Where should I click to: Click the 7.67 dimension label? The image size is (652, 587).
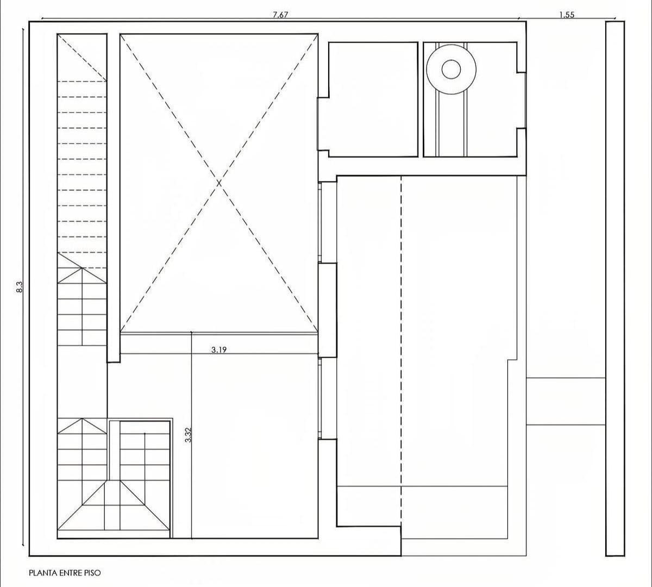[280, 15]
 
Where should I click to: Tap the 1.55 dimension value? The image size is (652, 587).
[567, 15]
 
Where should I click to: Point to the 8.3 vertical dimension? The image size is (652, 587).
[19, 286]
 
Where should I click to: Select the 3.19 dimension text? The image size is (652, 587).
[219, 350]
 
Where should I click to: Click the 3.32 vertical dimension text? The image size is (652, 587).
[188, 435]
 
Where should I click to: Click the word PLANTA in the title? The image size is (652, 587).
[43, 573]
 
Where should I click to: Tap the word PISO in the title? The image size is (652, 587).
[92, 573]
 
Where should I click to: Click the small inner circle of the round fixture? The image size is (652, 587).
[451, 69]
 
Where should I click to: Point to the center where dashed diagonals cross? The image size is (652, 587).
[219, 183]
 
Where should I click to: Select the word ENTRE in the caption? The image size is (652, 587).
[71, 573]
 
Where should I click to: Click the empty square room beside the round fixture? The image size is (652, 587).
[373, 99]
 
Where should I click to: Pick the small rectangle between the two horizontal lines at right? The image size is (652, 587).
[566, 401]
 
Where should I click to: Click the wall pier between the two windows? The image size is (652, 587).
[327, 310]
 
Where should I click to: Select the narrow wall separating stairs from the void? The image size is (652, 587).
[114, 198]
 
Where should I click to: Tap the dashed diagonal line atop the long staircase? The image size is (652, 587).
[82, 57]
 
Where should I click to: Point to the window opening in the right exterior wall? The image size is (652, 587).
[522, 100]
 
